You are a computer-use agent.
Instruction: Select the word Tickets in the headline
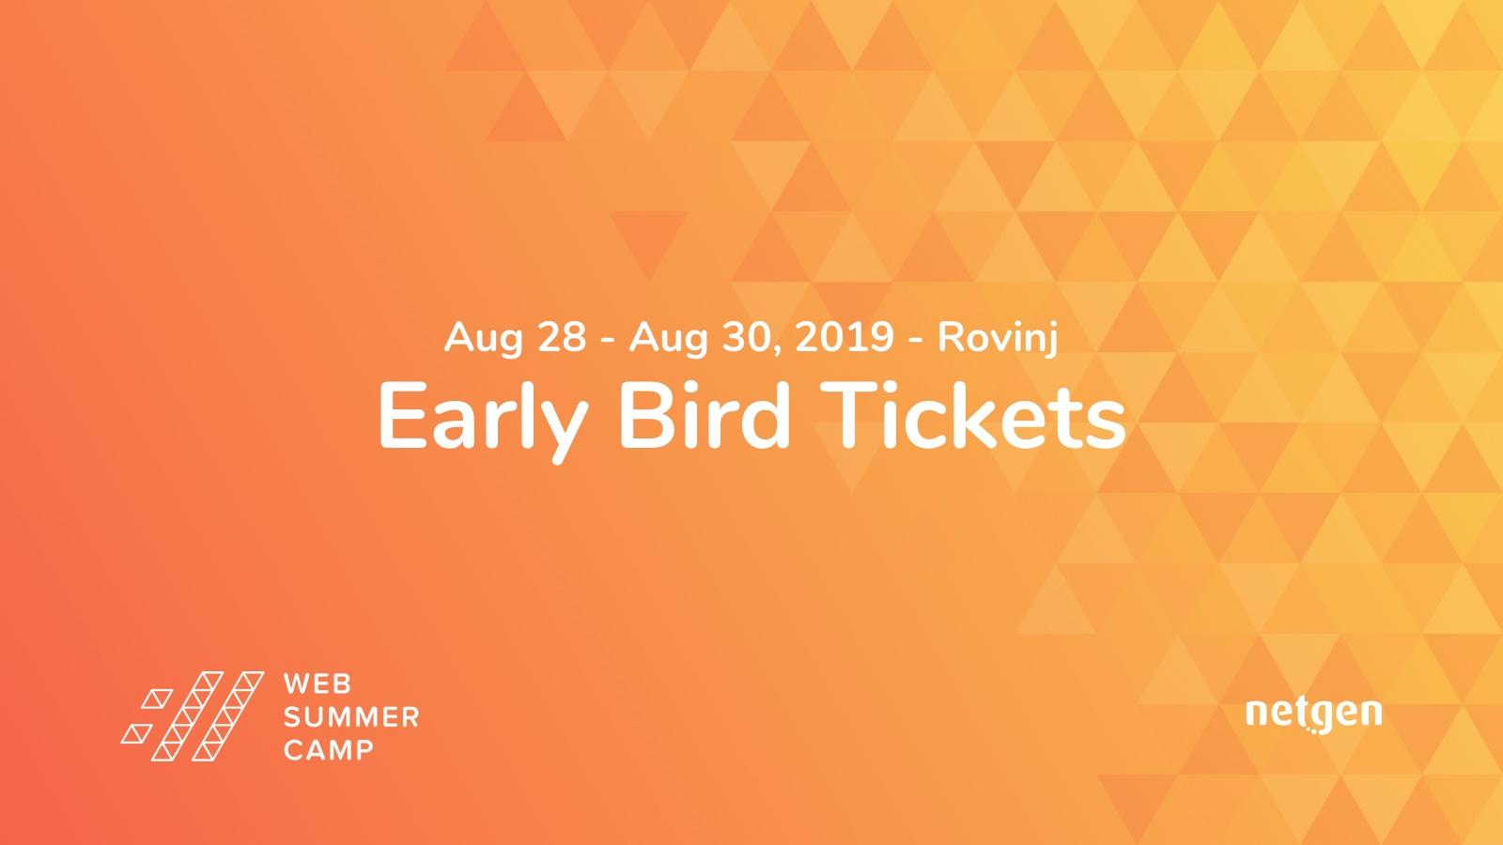tap(972, 416)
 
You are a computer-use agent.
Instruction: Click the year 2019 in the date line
tap(844, 337)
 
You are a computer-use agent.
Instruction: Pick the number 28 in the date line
tap(563, 337)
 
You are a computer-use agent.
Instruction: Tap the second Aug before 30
tap(668, 339)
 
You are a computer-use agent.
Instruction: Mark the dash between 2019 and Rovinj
tap(915, 339)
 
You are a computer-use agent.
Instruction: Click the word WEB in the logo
tap(318, 684)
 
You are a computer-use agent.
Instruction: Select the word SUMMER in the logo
tap(351, 717)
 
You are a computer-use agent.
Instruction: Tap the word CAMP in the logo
tap(329, 750)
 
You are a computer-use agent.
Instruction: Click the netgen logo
tap(1314, 714)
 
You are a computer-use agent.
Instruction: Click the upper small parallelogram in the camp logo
tap(157, 699)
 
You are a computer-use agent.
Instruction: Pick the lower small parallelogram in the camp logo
tap(136, 733)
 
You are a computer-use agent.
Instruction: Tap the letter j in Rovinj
tap(1051, 340)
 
